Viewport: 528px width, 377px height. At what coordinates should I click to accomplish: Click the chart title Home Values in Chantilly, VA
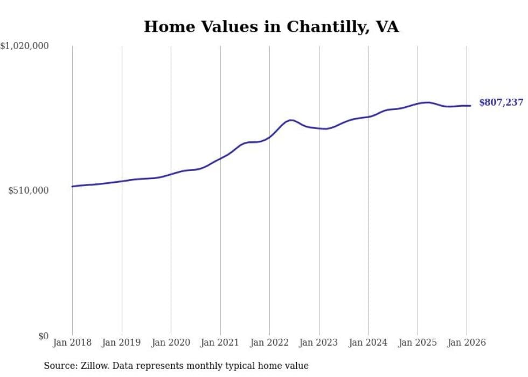click(271, 26)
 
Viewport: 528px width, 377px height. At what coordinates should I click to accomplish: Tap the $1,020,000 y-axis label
click(24, 46)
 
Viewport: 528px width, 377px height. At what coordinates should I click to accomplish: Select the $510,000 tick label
click(28, 190)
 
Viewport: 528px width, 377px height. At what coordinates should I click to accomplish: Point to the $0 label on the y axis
click(43, 336)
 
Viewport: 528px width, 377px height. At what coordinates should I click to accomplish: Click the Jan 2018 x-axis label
click(72, 342)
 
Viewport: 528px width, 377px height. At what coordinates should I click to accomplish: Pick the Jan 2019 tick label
click(121, 342)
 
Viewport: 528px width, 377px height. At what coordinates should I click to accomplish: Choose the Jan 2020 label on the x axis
click(171, 342)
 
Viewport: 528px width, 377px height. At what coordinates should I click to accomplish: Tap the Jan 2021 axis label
click(220, 342)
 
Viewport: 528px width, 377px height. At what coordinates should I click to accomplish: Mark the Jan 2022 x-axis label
click(269, 342)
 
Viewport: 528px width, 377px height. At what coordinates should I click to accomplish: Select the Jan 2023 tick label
click(318, 342)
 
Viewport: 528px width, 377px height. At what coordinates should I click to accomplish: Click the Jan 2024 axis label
click(368, 342)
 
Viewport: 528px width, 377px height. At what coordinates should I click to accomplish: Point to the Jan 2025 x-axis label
click(417, 342)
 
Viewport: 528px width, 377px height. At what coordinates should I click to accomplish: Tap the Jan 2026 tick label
click(466, 342)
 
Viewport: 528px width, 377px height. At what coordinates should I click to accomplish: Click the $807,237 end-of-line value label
click(501, 102)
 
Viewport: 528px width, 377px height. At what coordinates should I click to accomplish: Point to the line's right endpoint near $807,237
click(470, 106)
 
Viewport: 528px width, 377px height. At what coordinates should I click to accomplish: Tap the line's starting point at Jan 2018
click(72, 187)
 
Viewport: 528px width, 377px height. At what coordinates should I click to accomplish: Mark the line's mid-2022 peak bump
click(291, 120)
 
